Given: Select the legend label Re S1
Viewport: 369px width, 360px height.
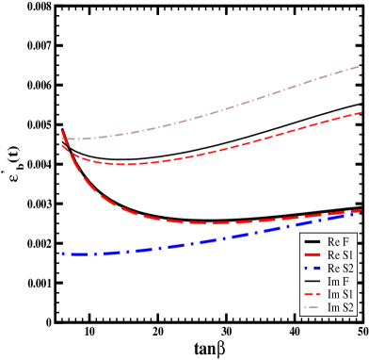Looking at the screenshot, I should pyautogui.click(x=341, y=255).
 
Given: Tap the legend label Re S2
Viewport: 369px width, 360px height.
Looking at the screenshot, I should pyautogui.click(x=341, y=269).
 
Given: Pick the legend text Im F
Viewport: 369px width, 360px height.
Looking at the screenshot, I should pyautogui.click(x=339, y=282).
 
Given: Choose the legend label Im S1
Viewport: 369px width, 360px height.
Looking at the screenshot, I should pyautogui.click(x=341, y=295).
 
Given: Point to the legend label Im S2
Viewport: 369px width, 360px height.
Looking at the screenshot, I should pyautogui.click(x=341, y=308).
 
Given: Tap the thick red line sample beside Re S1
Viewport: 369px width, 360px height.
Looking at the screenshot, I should pyautogui.click(x=313, y=255).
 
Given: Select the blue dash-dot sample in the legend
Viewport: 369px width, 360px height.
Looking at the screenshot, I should pyautogui.click(x=313, y=269).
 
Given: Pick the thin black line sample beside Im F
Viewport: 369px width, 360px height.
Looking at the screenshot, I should pyautogui.click(x=313, y=282).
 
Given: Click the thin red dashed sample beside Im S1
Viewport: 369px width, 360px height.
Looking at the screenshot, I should pyautogui.click(x=313, y=295).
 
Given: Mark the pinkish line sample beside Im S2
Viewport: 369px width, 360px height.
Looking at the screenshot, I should pyautogui.click(x=313, y=308).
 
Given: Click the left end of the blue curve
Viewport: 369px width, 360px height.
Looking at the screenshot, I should pyautogui.click(x=62, y=254).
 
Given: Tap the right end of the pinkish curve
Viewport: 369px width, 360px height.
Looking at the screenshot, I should pyautogui.click(x=361, y=67).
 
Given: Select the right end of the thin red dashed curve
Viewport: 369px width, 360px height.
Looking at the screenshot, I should pyautogui.click(x=361, y=112).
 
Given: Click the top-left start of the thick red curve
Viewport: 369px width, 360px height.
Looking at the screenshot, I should pyautogui.click(x=62, y=132).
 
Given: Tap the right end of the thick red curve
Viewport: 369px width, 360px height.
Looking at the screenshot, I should pyautogui.click(x=361, y=210).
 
